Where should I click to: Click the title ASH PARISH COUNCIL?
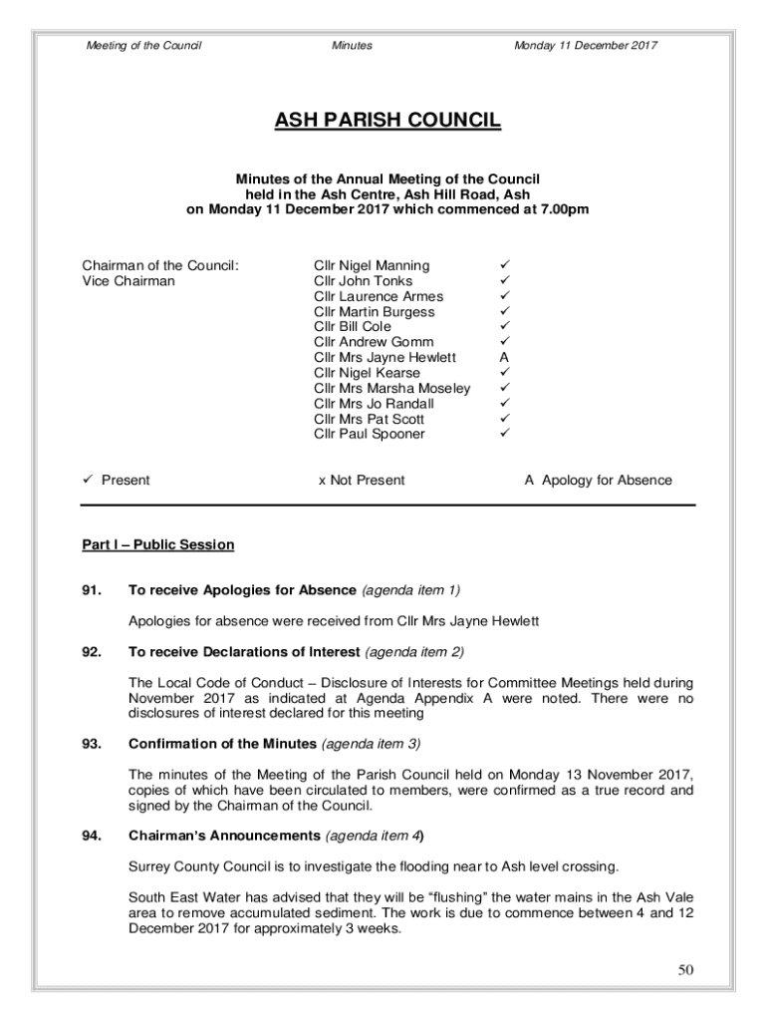[387, 122]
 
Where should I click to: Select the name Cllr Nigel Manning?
[372, 265]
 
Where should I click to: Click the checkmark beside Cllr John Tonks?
[505, 281]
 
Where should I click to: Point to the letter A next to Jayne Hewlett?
[504, 357]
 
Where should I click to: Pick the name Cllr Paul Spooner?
[369, 434]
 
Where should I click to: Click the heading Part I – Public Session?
[157, 544]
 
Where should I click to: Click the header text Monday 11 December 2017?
[585, 46]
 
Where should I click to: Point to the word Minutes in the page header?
[352, 46]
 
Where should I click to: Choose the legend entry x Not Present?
[362, 480]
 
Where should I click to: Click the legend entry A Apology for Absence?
[598, 480]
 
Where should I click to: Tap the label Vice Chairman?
[128, 281]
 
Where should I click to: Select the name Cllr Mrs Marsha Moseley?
[391, 388]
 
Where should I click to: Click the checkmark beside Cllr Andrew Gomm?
[505, 342]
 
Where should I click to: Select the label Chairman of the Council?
[160, 265]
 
